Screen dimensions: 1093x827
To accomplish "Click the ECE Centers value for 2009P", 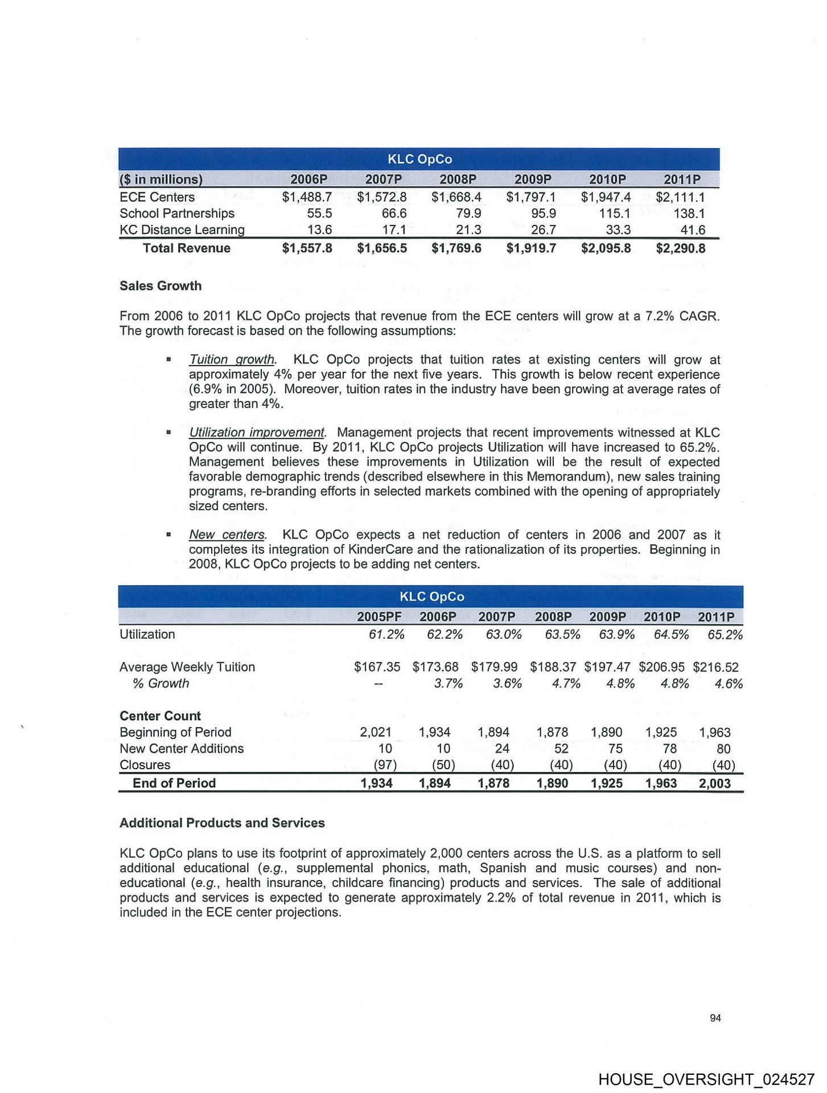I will (530, 197).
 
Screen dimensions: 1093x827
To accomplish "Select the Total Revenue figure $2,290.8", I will (680, 248).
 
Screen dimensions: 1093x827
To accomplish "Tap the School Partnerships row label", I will (177, 213).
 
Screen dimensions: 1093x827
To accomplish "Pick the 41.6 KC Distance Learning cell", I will (693, 230).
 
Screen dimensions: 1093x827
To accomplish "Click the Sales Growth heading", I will (161, 286).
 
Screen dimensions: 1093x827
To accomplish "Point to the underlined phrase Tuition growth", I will (232, 360).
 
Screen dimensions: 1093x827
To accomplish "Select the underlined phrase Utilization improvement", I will (257, 433).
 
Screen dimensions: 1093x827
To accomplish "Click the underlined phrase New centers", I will (228, 535).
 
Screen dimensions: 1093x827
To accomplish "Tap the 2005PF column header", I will (379, 617).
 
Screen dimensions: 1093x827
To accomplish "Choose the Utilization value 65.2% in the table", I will (725, 635).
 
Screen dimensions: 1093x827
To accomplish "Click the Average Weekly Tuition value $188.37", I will (553, 667).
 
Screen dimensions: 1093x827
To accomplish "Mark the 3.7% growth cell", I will (448, 684).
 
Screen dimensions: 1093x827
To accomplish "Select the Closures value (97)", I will (385, 765).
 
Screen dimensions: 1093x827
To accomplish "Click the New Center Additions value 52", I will (561, 749).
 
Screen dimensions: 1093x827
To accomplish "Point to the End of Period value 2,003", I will (714, 783).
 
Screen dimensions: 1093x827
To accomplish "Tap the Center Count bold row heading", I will (160, 716).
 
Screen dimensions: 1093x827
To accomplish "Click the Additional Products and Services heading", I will (222, 823).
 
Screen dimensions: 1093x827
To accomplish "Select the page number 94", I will (715, 1018).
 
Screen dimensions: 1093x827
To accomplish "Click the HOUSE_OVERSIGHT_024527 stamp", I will (706, 1079).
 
